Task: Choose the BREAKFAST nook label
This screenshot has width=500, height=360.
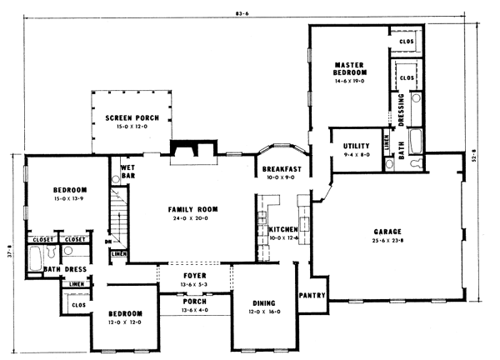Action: (x=281, y=169)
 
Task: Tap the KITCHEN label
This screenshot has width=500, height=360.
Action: (x=283, y=228)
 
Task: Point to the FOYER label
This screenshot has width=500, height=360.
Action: (x=193, y=275)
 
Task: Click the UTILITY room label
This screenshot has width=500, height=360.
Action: (x=357, y=146)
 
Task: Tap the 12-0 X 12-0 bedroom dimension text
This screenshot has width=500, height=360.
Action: (x=122, y=322)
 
